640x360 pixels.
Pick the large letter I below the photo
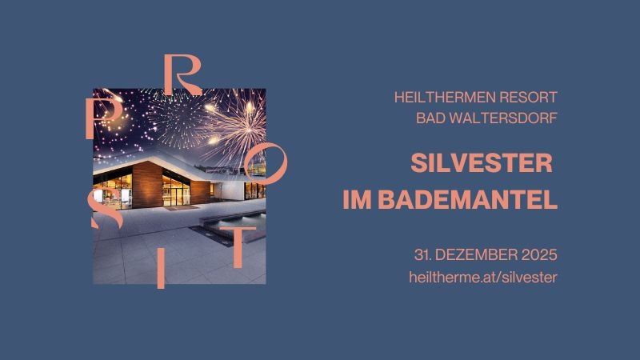click(x=161, y=269)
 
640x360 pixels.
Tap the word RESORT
click(x=528, y=98)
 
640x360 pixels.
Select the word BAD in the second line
click(x=430, y=118)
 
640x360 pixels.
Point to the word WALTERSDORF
click(x=504, y=118)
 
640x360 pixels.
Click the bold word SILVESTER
click(x=482, y=163)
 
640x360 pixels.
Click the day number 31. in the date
click(x=424, y=255)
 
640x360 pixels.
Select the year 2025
click(x=538, y=255)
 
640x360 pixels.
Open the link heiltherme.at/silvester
click(x=482, y=277)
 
